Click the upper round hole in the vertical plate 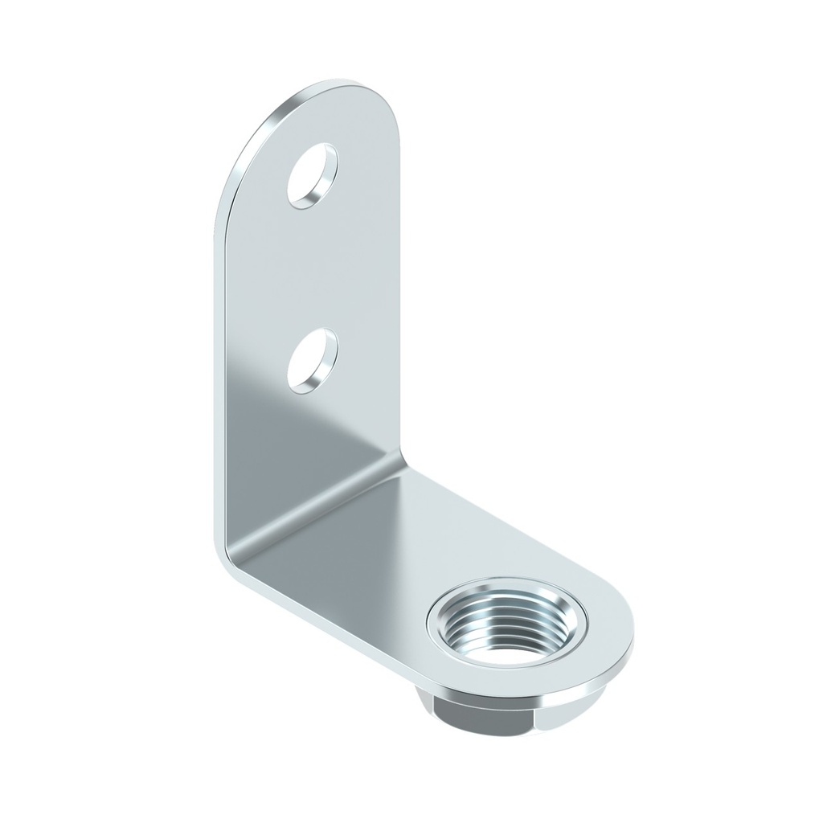[x=313, y=176]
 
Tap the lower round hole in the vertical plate [x=313, y=362]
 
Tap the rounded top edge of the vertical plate [x=321, y=88]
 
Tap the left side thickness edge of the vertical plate [x=218, y=362]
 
